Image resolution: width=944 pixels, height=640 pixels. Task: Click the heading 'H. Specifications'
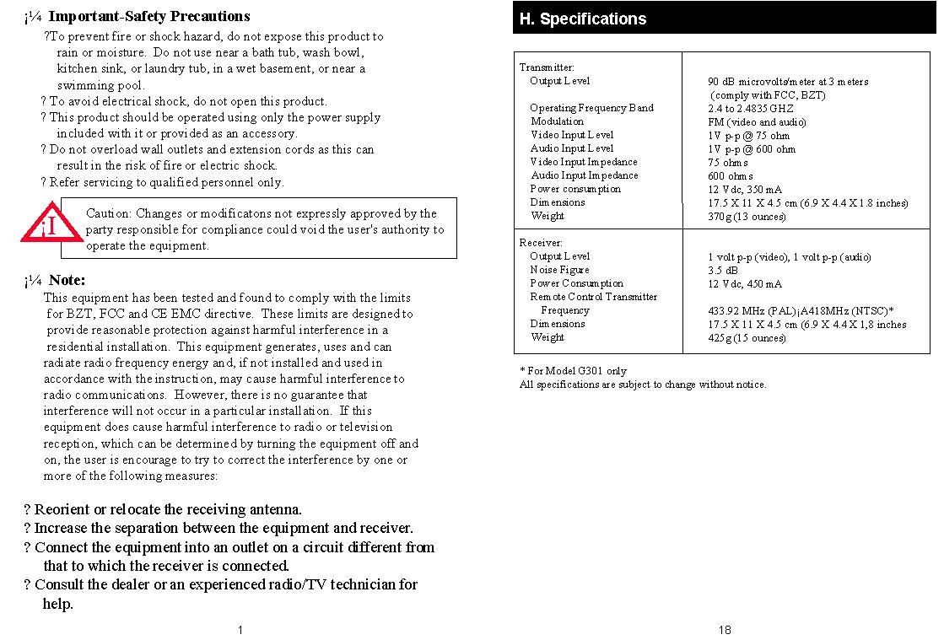pyautogui.click(x=583, y=19)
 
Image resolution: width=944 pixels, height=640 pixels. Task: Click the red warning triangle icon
pyautogui.click(x=51, y=223)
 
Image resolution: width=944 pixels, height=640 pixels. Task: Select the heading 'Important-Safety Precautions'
pyautogui.click(x=149, y=16)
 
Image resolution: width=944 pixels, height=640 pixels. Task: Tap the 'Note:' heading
pyautogui.click(x=67, y=280)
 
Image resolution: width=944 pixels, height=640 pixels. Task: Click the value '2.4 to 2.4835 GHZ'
pyautogui.click(x=751, y=109)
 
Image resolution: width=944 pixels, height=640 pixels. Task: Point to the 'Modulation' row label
pyautogui.click(x=557, y=121)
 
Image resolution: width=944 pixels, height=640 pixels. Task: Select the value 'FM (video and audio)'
pyautogui.click(x=757, y=122)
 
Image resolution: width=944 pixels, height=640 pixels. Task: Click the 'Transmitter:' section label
pyautogui.click(x=547, y=67)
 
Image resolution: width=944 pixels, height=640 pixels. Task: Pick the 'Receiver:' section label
pyautogui.click(x=541, y=243)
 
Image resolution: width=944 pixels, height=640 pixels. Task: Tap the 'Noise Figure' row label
pyautogui.click(x=559, y=270)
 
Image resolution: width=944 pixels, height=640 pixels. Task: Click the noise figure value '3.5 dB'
pyautogui.click(x=722, y=271)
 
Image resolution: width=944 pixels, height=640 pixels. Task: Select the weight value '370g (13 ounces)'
pyautogui.click(x=747, y=217)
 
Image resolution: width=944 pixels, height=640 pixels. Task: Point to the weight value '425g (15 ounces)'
pyautogui.click(x=747, y=338)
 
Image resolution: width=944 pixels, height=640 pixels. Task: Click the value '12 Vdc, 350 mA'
pyautogui.click(x=745, y=190)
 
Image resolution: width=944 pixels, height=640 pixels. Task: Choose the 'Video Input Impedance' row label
pyautogui.click(x=584, y=162)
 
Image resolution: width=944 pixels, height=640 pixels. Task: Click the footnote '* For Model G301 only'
pyautogui.click(x=573, y=371)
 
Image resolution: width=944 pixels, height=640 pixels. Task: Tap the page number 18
pyautogui.click(x=725, y=630)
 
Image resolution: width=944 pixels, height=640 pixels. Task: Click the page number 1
pyautogui.click(x=240, y=630)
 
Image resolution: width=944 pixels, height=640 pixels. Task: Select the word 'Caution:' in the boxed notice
pyautogui.click(x=109, y=213)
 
